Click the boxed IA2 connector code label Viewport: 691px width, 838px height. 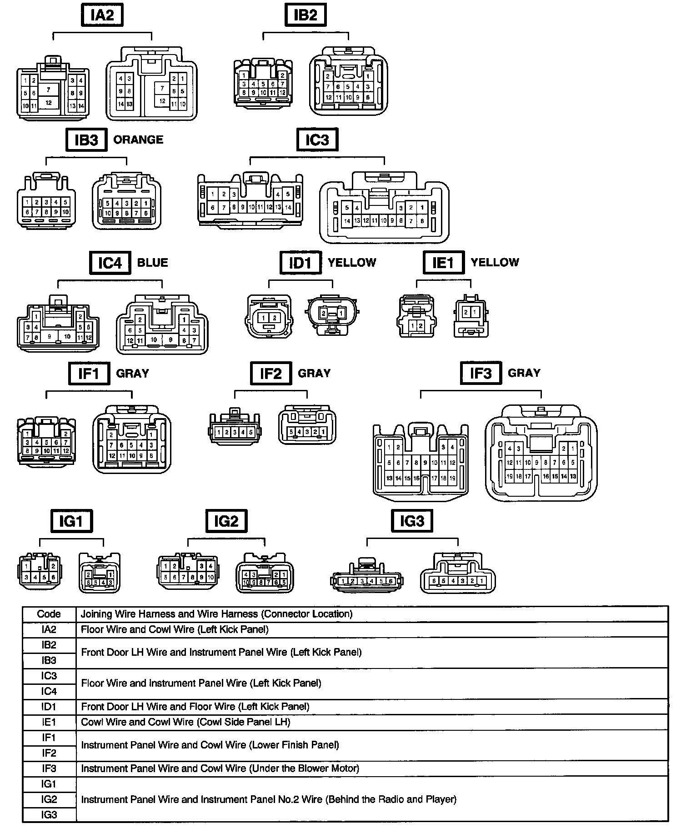[x=102, y=15]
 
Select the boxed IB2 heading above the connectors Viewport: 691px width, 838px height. [x=305, y=15]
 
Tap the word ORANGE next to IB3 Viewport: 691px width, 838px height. [x=138, y=140]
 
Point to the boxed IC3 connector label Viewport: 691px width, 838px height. [x=317, y=139]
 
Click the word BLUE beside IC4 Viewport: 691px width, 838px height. [x=152, y=263]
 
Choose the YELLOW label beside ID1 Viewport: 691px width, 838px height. [x=352, y=263]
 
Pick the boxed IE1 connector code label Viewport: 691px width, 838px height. [x=443, y=263]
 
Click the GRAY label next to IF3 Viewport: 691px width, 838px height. [x=524, y=373]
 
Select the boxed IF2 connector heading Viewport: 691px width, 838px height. [x=271, y=374]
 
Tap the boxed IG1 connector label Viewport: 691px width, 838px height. [x=71, y=521]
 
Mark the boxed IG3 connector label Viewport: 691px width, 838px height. [x=412, y=521]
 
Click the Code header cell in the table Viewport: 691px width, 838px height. [x=49, y=614]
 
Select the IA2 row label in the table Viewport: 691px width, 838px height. [x=49, y=629]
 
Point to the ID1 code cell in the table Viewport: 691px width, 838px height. [x=49, y=707]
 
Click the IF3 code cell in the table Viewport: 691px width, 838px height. [x=49, y=768]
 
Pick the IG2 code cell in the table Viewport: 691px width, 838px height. [x=49, y=799]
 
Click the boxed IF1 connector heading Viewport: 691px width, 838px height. [x=89, y=374]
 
